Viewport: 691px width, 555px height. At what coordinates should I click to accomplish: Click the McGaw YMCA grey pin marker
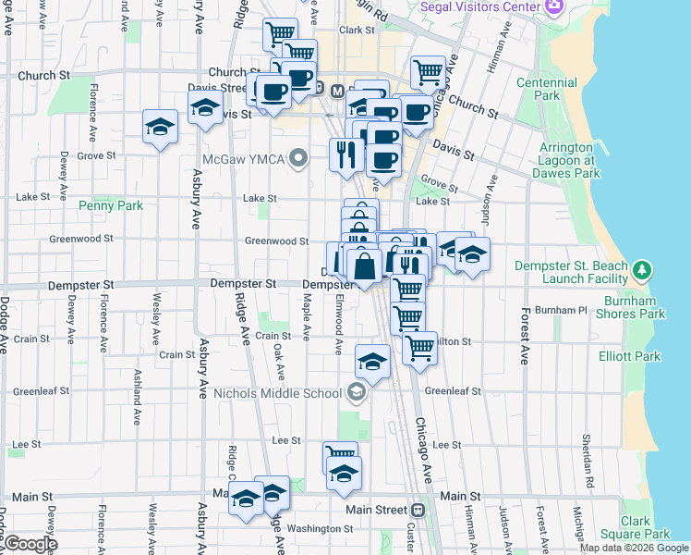[297, 159]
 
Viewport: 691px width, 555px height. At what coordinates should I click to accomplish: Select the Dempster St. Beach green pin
[644, 271]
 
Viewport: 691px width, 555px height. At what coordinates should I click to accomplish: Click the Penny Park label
[111, 205]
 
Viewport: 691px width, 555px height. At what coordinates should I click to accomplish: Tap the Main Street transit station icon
[418, 510]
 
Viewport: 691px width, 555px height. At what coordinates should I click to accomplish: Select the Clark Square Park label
[634, 527]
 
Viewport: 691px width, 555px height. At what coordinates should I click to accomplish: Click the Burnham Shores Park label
[635, 307]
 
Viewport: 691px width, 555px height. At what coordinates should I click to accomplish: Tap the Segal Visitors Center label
[479, 6]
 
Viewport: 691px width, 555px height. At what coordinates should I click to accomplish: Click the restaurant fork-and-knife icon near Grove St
[346, 154]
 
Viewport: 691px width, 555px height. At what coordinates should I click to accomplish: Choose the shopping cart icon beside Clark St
[280, 35]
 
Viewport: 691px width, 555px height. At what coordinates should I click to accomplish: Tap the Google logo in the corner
[30, 544]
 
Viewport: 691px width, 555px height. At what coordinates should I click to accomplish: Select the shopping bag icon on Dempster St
[366, 266]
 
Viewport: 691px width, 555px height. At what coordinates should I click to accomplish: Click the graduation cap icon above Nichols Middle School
[372, 362]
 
